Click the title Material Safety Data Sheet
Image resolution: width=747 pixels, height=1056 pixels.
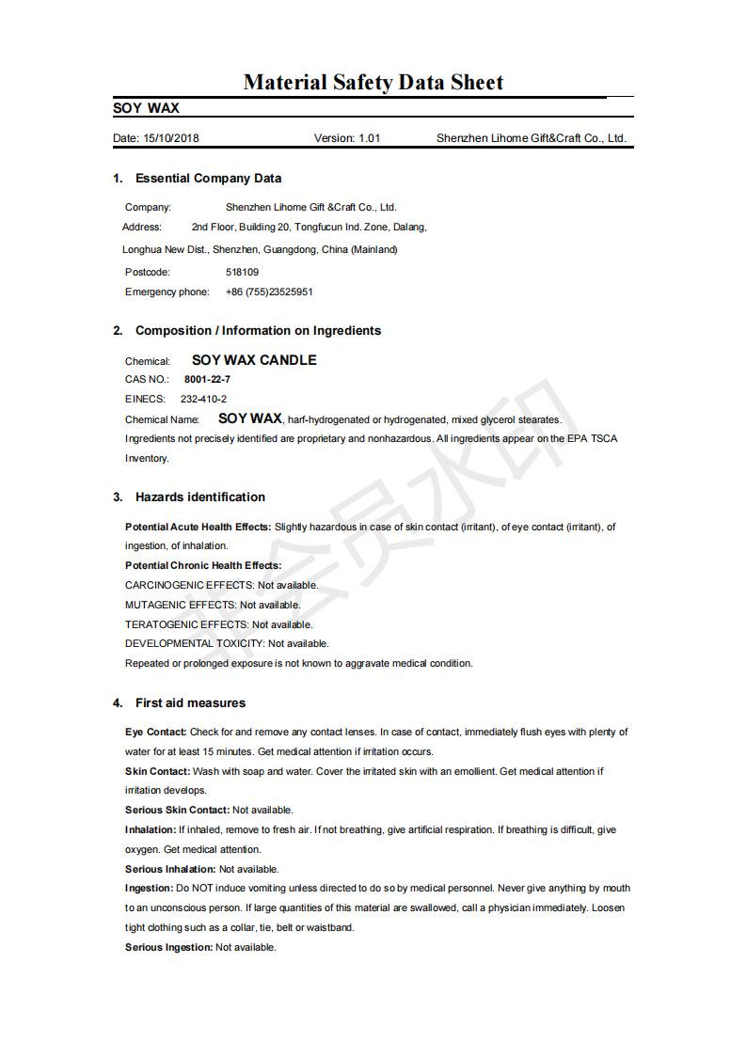pyautogui.click(x=373, y=83)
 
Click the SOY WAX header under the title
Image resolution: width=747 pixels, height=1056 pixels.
pyautogui.click(x=146, y=108)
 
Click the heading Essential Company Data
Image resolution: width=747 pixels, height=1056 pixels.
pyautogui.click(x=208, y=179)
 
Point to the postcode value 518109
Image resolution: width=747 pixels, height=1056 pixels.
pyautogui.click(x=243, y=272)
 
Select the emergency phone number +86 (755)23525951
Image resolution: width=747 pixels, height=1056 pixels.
pyautogui.click(x=269, y=292)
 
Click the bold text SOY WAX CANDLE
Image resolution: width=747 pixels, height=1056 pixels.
pyautogui.click(x=254, y=360)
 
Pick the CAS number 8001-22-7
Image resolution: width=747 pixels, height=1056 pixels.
pyautogui.click(x=207, y=379)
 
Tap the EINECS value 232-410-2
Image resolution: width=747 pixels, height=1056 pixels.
pyautogui.click(x=203, y=399)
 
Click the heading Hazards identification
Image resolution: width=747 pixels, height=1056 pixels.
pyautogui.click(x=200, y=497)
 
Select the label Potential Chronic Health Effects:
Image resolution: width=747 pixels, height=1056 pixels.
pyautogui.click(x=203, y=565)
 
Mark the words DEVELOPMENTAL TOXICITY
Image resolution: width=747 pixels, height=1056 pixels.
pyautogui.click(x=194, y=644)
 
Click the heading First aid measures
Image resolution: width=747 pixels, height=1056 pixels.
pyautogui.click(x=190, y=703)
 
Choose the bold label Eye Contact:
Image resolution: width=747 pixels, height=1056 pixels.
pyautogui.click(x=155, y=732)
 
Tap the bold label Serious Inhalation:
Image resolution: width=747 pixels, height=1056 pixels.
pyautogui.click(x=170, y=869)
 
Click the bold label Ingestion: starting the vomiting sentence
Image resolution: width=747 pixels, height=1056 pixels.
pyautogui.click(x=149, y=888)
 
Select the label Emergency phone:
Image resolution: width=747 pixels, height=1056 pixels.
pyautogui.click(x=167, y=292)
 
